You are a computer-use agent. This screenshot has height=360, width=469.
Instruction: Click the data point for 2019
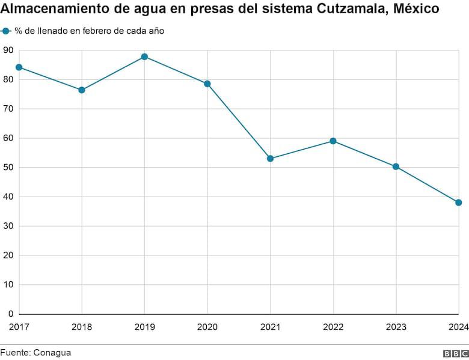click(x=144, y=56)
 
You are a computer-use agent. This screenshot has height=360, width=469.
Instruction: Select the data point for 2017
click(x=19, y=67)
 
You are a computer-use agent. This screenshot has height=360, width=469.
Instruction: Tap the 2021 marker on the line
click(x=270, y=159)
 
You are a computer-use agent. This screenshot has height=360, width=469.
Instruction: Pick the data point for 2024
click(x=458, y=203)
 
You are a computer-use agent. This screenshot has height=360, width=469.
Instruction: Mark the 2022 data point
click(x=333, y=141)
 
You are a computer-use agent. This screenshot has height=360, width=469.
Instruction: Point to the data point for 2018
click(x=82, y=90)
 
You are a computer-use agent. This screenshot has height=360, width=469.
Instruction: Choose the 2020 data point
click(x=207, y=84)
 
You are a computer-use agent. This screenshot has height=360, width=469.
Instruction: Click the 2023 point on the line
click(x=396, y=166)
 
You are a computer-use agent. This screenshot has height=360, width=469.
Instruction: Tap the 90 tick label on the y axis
click(x=8, y=50)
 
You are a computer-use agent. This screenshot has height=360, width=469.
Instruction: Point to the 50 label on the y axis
click(x=8, y=168)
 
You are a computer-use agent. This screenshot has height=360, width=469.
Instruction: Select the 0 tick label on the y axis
click(x=11, y=314)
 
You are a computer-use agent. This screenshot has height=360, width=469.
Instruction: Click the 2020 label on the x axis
click(x=207, y=327)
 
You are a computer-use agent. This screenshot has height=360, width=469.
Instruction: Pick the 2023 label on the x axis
click(x=396, y=327)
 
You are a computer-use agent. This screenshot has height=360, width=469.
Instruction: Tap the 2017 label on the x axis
click(x=19, y=327)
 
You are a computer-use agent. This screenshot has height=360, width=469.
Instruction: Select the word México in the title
click(x=416, y=10)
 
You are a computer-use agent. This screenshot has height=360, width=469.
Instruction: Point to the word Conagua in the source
click(x=52, y=353)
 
